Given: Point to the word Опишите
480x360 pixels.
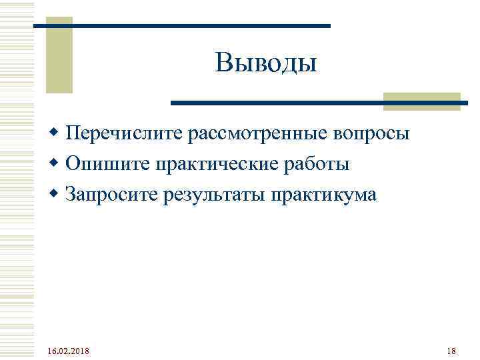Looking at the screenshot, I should (x=108, y=164).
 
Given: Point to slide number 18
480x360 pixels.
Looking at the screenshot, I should (x=451, y=351).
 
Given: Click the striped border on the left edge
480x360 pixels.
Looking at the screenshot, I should (x=8, y=180).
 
